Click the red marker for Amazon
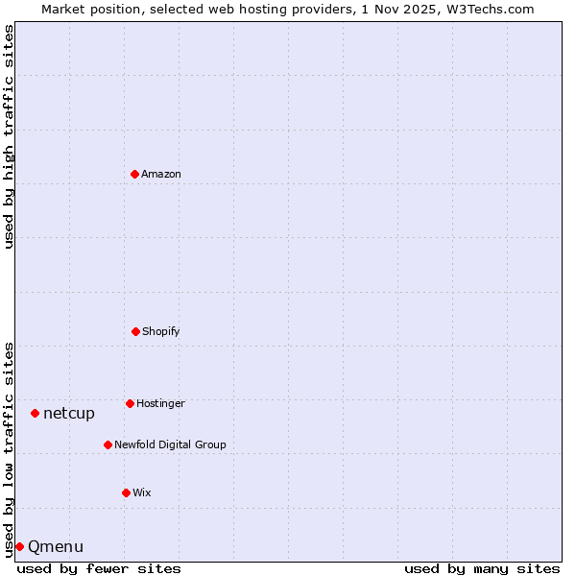pyautogui.click(x=134, y=174)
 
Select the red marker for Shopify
pyautogui.click(x=135, y=331)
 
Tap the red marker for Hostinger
pyautogui.click(x=130, y=403)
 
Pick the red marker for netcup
pyautogui.click(x=35, y=413)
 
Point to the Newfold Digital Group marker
pyautogui.click(x=108, y=444)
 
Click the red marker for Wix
pyautogui.click(x=126, y=492)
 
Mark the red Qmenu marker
pyautogui.click(x=19, y=546)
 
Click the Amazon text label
pyautogui.click(x=161, y=174)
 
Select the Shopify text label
pyautogui.click(x=161, y=331)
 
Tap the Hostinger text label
pyautogui.click(x=160, y=403)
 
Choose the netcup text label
pyautogui.click(x=69, y=413)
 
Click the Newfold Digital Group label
pyautogui.click(x=170, y=444)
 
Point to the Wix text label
pyautogui.click(x=142, y=492)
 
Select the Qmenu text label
pyautogui.click(x=56, y=546)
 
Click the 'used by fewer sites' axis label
pyautogui.click(x=99, y=568)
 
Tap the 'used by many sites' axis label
pyautogui.click(x=482, y=568)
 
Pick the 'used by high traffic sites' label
pyautogui.click(x=9, y=136)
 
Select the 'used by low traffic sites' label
pyautogui.click(x=9, y=448)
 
